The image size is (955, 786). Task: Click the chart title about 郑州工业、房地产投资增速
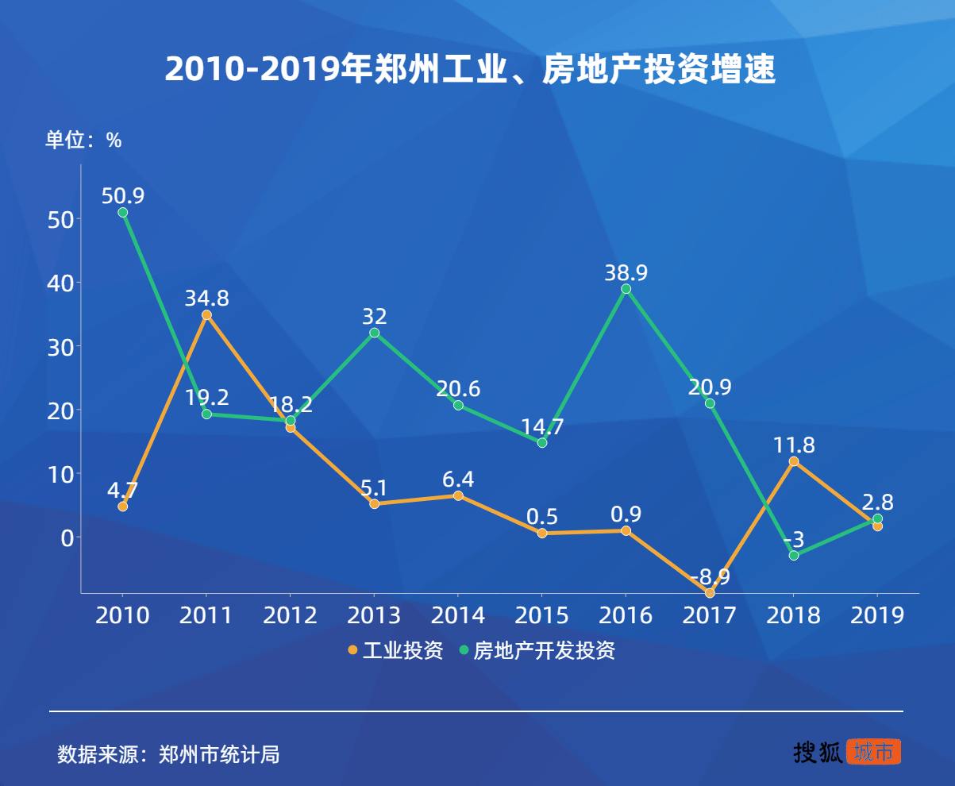coord(469,70)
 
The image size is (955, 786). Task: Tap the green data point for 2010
coord(123,212)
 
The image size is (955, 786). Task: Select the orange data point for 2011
coord(206,315)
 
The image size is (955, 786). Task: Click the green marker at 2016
coord(626,289)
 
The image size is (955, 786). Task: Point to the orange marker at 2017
coord(710,593)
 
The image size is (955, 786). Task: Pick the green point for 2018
coord(793,555)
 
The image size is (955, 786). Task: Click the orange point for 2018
coord(793,461)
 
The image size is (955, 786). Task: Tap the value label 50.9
coord(123,195)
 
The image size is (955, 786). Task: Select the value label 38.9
coord(626,273)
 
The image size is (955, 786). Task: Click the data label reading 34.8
coord(207,299)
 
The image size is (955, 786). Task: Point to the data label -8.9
coord(710,577)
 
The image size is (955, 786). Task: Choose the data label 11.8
coord(793,445)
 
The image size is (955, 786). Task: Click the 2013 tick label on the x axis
coord(374,615)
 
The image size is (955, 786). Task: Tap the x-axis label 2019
coord(876,615)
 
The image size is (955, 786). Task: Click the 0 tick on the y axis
coord(67,537)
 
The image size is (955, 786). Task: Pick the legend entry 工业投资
coord(395,651)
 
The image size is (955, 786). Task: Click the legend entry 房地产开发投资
coord(537,651)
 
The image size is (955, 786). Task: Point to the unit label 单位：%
coord(83,141)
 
